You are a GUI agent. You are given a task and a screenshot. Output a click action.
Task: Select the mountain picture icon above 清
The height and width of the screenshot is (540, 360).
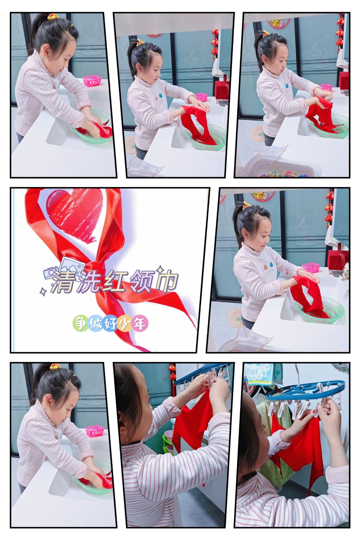pyautogui.click(x=72, y=264)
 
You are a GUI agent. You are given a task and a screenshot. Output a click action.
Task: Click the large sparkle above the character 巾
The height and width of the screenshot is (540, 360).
pyautogui.click(x=159, y=269)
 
